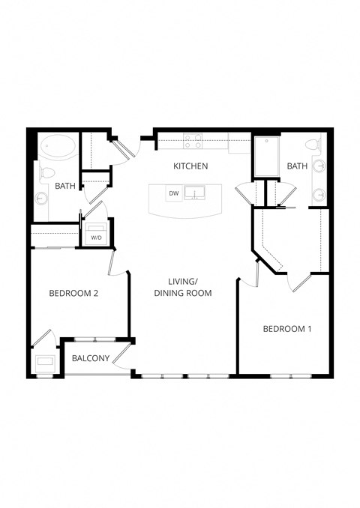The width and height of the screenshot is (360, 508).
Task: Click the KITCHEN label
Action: (190, 166)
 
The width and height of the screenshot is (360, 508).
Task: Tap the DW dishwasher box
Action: (174, 193)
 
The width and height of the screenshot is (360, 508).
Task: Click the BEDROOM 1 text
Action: (287, 328)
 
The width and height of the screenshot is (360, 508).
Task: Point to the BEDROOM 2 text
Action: (74, 293)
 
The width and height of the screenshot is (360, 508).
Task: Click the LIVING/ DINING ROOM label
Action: (183, 287)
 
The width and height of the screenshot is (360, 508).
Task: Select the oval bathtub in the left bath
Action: (57, 146)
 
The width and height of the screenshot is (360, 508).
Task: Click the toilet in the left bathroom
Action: (46, 173)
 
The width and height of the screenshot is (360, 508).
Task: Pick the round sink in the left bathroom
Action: (41, 199)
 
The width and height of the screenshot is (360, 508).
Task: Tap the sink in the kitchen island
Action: (195, 193)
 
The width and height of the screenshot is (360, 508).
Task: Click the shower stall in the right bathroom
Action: (265, 156)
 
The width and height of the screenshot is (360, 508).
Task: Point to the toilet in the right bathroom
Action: (314, 145)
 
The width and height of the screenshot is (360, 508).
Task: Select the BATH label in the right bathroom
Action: (297, 166)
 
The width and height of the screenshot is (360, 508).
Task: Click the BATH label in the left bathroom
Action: (64, 186)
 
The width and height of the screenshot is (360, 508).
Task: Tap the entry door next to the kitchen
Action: (126, 147)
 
